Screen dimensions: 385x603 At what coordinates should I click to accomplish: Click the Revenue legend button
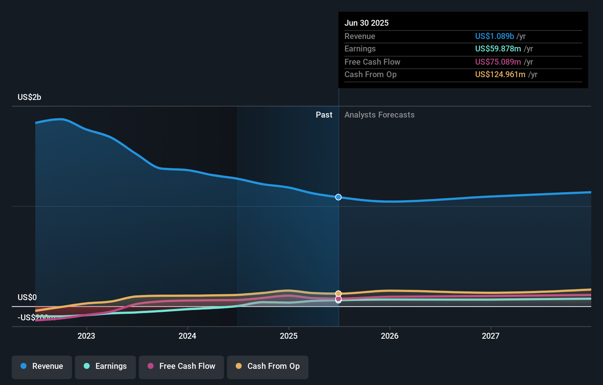pyautogui.click(x=42, y=367)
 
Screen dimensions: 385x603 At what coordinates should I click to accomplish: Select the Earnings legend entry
pyautogui.click(x=105, y=367)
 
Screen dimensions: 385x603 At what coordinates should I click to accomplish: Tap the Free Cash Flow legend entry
pyautogui.click(x=181, y=367)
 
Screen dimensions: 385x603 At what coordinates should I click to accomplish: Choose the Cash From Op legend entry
pyautogui.click(x=268, y=367)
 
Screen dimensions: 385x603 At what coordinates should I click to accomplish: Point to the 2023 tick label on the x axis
pyautogui.click(x=86, y=336)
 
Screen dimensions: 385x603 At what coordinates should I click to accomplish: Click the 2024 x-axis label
pyautogui.click(x=187, y=336)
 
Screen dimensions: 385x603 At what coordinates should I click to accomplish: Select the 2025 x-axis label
pyautogui.click(x=289, y=336)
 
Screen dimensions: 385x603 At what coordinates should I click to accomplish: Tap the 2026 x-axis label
pyautogui.click(x=390, y=336)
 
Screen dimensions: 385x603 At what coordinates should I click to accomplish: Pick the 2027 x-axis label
pyautogui.click(x=491, y=336)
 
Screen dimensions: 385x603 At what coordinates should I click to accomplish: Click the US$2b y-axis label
pyautogui.click(x=29, y=97)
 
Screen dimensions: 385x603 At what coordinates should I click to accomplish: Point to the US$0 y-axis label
pyautogui.click(x=27, y=298)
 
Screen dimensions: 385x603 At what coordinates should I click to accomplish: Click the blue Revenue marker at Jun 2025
pyautogui.click(x=338, y=197)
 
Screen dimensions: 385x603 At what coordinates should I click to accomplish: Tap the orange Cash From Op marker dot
pyautogui.click(x=338, y=294)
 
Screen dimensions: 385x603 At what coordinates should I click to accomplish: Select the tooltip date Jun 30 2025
pyautogui.click(x=366, y=23)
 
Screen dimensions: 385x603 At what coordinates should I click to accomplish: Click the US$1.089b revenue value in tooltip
pyautogui.click(x=494, y=36)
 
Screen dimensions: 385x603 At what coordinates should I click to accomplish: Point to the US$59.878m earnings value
pyautogui.click(x=498, y=49)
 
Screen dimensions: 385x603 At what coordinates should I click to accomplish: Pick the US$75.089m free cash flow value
pyautogui.click(x=498, y=62)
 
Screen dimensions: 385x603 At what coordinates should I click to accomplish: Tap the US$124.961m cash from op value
pyautogui.click(x=500, y=75)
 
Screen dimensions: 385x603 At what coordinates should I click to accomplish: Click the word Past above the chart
pyautogui.click(x=324, y=115)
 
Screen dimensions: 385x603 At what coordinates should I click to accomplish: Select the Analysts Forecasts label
pyautogui.click(x=379, y=115)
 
